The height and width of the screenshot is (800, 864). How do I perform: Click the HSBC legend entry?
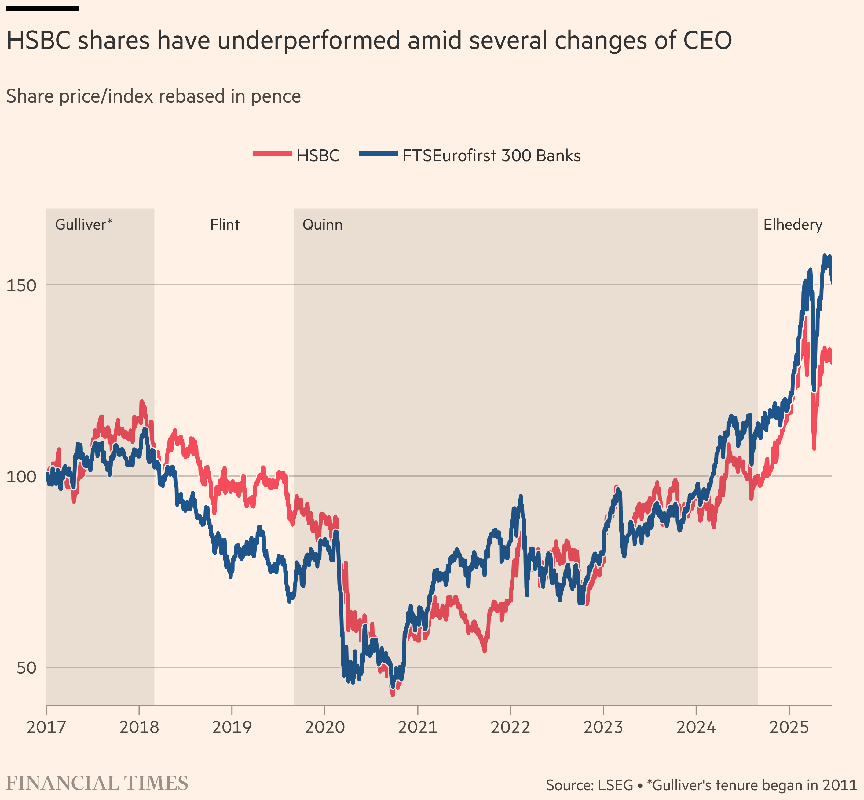click(317, 155)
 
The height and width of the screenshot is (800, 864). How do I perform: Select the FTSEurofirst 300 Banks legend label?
click(491, 155)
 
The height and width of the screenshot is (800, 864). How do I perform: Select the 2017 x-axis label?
click(46, 727)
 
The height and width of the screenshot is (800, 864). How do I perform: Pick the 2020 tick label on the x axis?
click(325, 727)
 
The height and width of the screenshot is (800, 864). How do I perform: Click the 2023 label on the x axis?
click(603, 727)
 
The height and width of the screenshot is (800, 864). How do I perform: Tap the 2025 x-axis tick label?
click(789, 727)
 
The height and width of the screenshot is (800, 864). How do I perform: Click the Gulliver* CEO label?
click(84, 225)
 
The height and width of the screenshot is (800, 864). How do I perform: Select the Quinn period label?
click(323, 225)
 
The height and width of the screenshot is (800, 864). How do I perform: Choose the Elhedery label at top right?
click(793, 225)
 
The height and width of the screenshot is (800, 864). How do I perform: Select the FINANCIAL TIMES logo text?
click(97, 784)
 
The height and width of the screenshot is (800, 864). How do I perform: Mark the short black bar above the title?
click(42, 8)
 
